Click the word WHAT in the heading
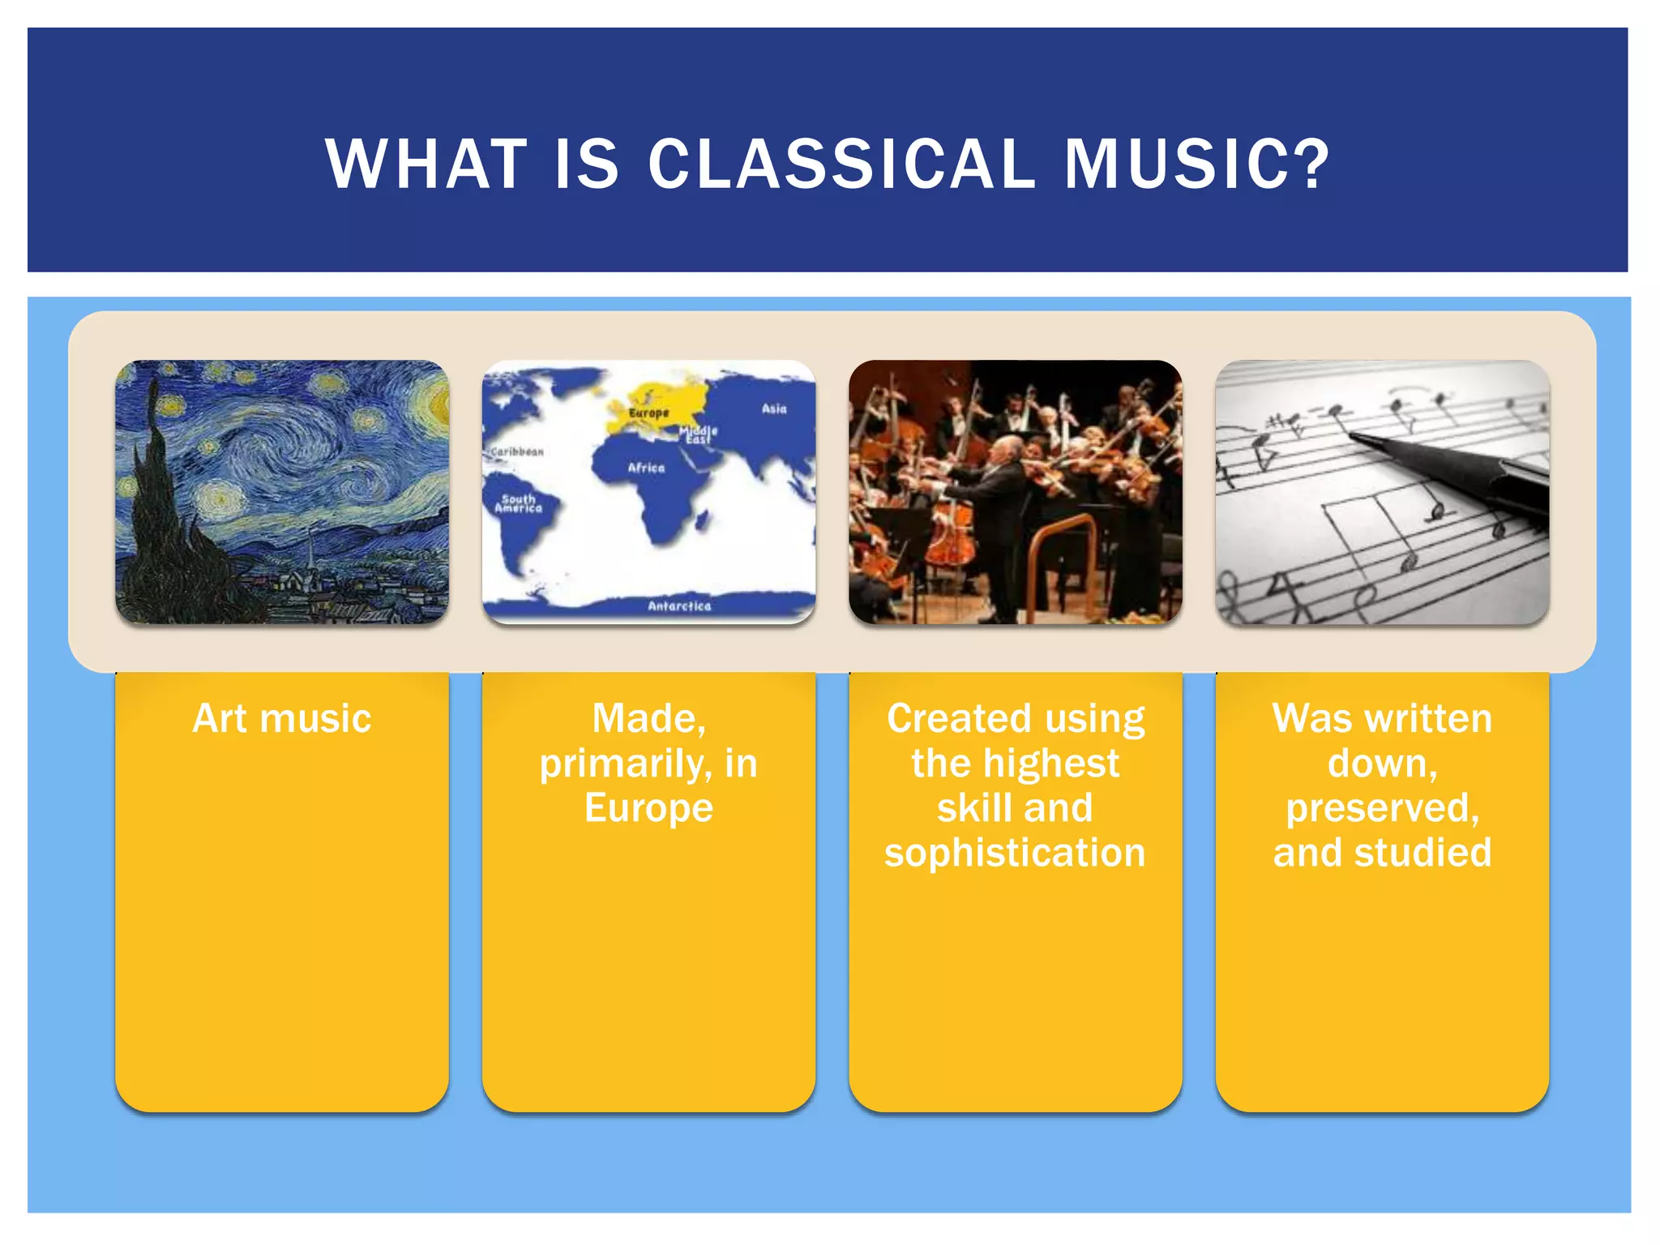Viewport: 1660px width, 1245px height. click(426, 165)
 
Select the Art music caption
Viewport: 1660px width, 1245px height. click(281, 718)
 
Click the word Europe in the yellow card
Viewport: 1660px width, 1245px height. click(648, 808)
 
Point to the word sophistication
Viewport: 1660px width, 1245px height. click(1015, 853)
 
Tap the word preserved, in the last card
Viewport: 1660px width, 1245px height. click(1382, 808)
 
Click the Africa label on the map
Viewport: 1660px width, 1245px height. click(646, 468)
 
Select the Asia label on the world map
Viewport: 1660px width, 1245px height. click(774, 409)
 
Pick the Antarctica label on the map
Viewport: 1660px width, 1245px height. click(679, 605)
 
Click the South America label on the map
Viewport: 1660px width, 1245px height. click(519, 503)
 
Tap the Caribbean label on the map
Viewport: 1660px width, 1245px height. click(517, 451)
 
